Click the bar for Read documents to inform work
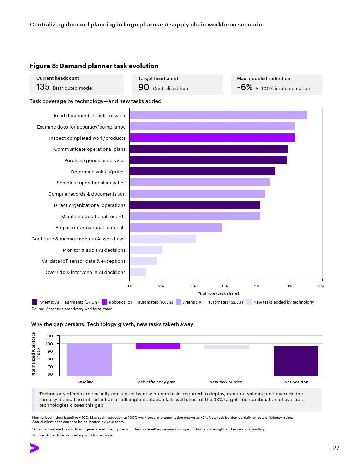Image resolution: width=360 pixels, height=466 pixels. coord(218,115)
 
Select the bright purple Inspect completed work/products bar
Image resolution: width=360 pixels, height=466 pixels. coord(212,137)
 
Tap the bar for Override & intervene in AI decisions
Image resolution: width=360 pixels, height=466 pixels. coord(138,272)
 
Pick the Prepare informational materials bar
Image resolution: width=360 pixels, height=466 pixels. coord(176,227)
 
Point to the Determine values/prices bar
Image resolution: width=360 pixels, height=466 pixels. coord(202,171)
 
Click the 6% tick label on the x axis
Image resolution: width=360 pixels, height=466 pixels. coord(225,286)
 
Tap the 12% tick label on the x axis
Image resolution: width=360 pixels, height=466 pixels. coord(320,286)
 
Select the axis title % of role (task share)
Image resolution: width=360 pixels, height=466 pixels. coord(218,293)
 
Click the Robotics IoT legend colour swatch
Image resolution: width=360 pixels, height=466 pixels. coord(104,302)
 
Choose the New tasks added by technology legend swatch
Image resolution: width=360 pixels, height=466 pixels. coord(249,302)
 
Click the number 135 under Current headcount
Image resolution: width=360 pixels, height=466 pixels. coord(43,87)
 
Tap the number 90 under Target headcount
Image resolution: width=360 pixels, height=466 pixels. coord(143,87)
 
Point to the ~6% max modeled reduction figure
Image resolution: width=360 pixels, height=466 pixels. coord(245,87)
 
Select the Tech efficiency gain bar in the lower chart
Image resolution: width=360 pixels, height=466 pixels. coord(158,346)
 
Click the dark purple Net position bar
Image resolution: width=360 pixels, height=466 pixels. coord(296,361)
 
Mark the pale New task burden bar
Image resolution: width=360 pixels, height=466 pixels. coord(227,347)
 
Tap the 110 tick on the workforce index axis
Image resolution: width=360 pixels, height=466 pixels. coord(50,336)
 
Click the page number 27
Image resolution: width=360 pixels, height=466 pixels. coord(336,448)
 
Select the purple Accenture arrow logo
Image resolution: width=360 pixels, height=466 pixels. coord(34,448)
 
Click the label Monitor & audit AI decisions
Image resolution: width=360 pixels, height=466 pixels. coord(94,250)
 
